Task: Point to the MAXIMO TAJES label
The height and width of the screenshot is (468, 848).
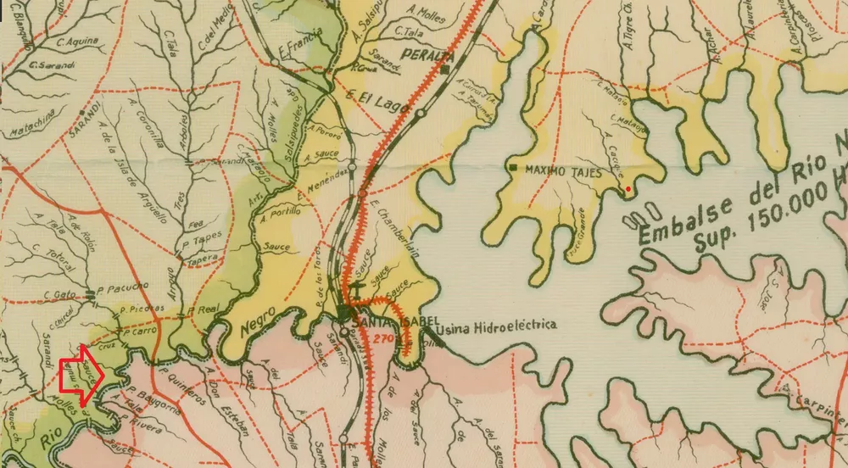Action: pyautogui.click(x=563, y=171)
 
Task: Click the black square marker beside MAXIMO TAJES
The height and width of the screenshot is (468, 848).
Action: pyautogui.click(x=514, y=170)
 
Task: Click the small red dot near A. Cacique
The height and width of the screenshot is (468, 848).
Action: pyautogui.click(x=628, y=188)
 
